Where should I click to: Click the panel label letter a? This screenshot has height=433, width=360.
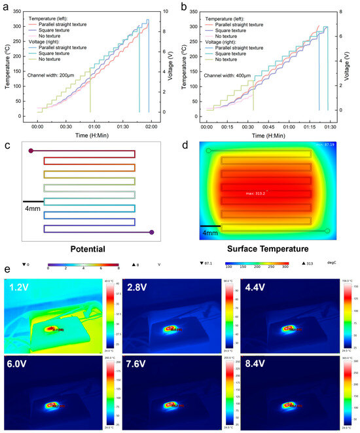click(6, 6)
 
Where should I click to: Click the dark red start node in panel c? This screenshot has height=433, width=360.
click(31, 151)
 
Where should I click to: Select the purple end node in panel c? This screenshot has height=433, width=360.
click(152, 232)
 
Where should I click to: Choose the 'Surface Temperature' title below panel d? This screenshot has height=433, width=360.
click(268, 249)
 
